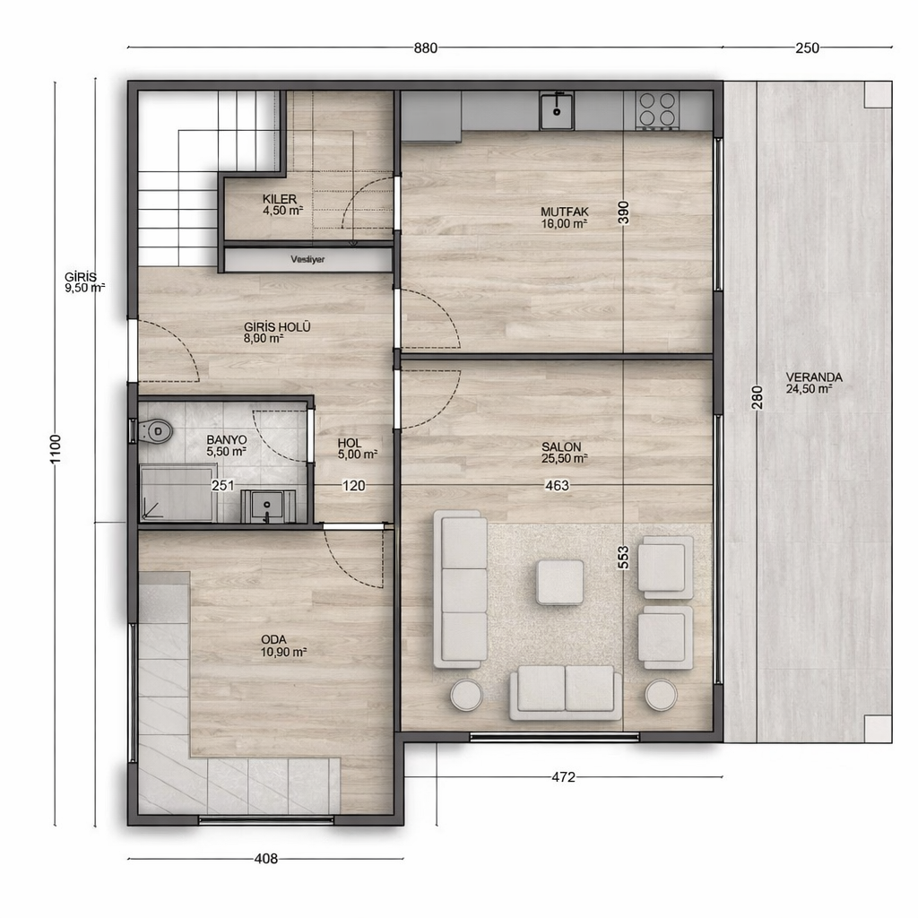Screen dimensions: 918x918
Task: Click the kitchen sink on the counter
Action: tap(557, 112)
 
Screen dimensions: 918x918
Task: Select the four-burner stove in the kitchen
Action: tap(656, 109)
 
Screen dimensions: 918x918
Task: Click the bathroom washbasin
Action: tap(265, 507)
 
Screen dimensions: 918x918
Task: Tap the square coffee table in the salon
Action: tap(560, 582)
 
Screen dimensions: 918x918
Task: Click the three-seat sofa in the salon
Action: tap(461, 589)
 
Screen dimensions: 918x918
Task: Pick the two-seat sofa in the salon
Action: tap(565, 691)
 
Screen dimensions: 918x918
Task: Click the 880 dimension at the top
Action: tap(426, 48)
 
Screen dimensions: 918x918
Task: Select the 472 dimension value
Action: tap(562, 777)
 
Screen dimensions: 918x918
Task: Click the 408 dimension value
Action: tap(266, 859)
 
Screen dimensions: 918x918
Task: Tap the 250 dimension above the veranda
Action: tap(807, 48)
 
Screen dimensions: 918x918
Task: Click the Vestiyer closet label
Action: tap(307, 259)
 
